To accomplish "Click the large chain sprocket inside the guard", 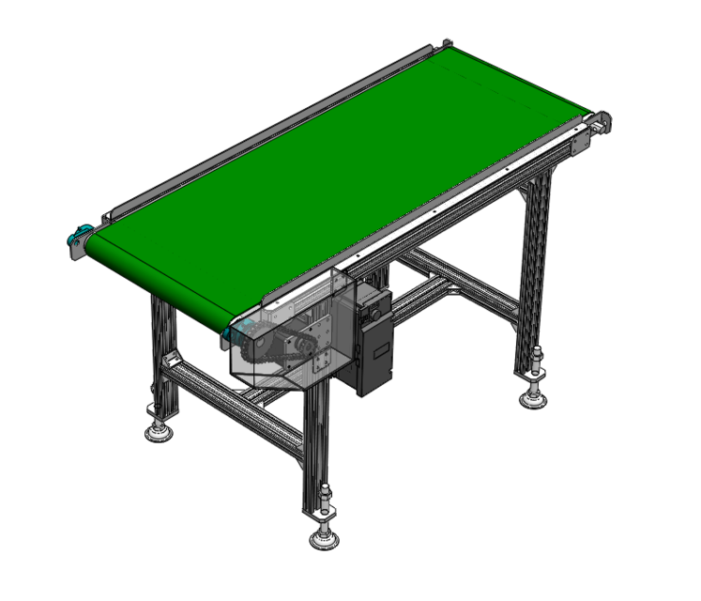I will click(257, 348).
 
